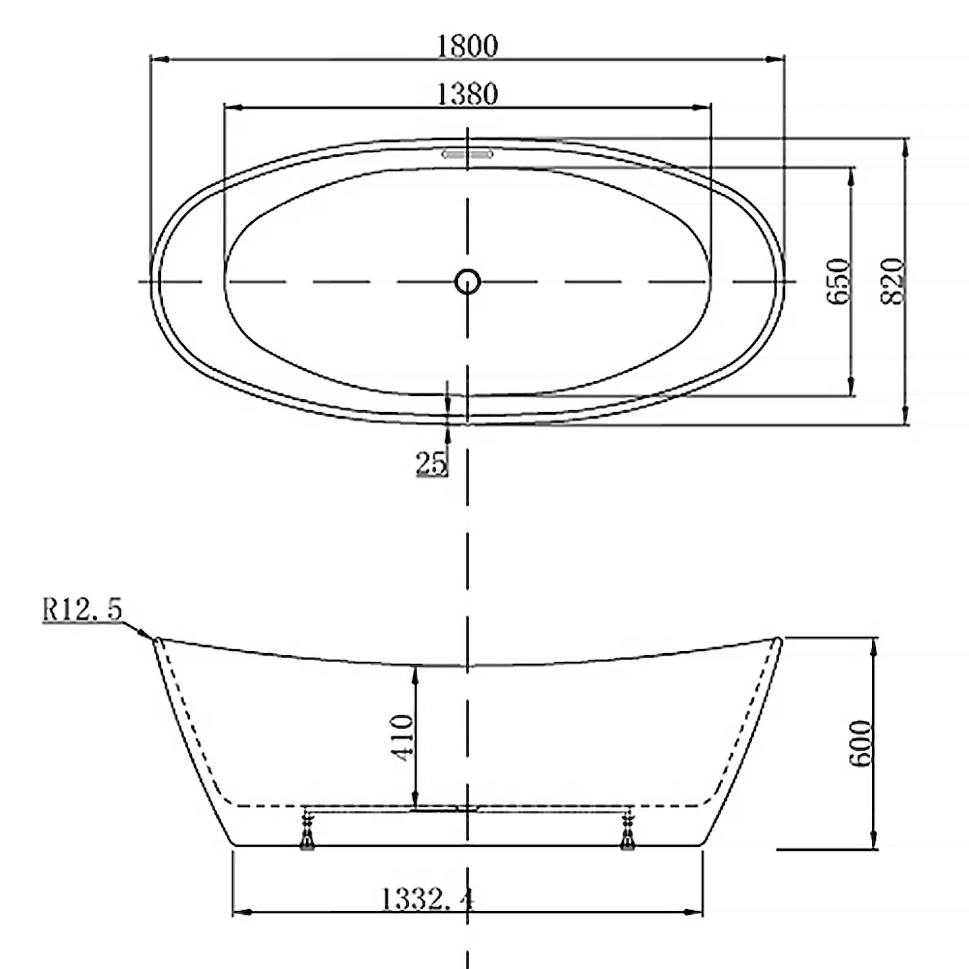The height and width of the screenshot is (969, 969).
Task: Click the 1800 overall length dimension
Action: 468,46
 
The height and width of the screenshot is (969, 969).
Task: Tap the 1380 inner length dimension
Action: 468,94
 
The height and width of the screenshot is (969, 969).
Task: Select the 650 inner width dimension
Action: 838,282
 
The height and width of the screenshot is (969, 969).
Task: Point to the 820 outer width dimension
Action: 893,282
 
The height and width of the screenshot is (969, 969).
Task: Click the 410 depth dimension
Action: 403,737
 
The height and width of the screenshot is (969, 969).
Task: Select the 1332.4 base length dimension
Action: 427,899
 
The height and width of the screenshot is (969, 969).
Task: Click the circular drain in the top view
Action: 468,282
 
